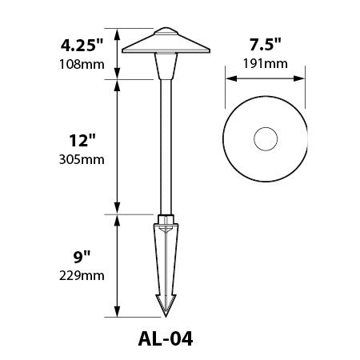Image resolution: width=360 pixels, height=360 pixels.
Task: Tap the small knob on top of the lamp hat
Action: [168, 32]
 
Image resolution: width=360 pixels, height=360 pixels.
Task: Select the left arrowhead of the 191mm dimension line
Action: [230, 79]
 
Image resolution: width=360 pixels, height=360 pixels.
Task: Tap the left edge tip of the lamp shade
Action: [122, 53]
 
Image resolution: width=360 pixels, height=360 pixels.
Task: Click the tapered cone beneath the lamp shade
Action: [168, 68]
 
